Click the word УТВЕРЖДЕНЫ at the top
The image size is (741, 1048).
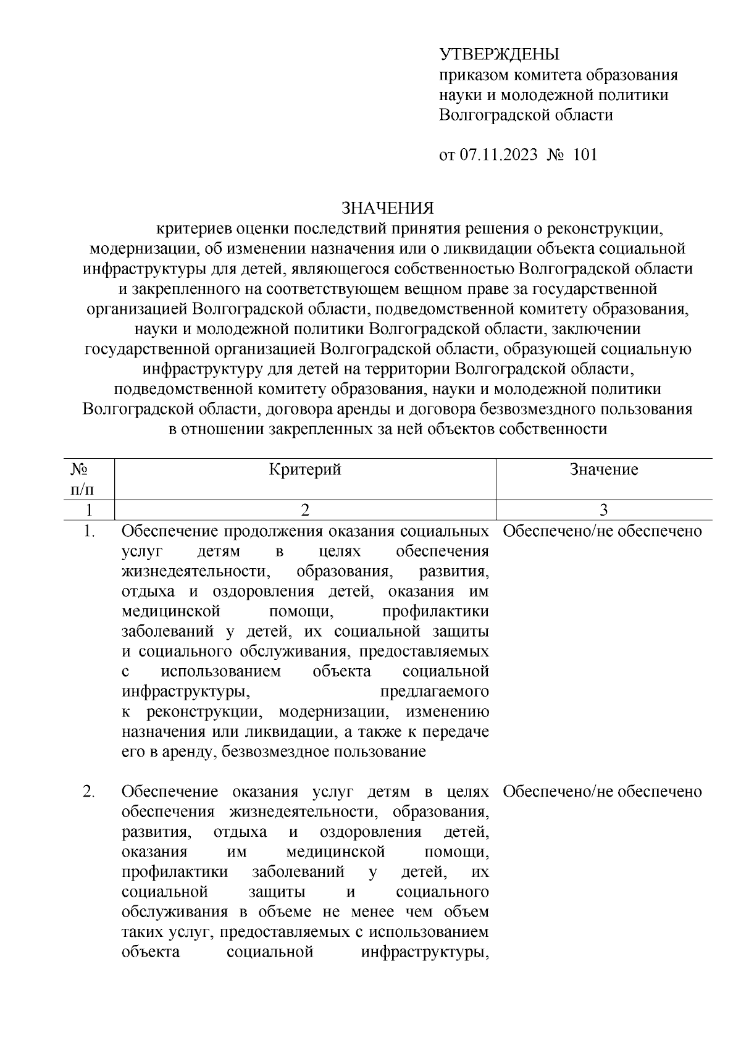pos(499,55)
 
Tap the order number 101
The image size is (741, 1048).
pos(585,154)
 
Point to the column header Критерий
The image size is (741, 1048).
pos(305,470)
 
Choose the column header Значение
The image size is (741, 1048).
pos(603,470)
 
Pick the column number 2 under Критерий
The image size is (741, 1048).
pos(304,509)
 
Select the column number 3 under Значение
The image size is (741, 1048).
pos(603,509)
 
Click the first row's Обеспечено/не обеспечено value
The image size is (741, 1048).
pos(603,531)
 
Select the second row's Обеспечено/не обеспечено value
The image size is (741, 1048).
pos(603,792)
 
